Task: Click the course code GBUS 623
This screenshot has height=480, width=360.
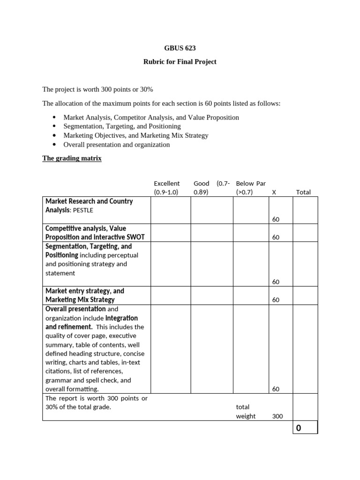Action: point(180,48)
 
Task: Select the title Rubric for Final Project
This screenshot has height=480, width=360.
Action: point(180,62)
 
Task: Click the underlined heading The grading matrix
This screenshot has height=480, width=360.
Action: point(72,158)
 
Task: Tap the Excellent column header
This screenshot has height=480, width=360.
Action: point(166,187)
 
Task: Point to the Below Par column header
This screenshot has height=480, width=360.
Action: point(251,187)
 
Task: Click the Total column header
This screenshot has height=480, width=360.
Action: point(303,192)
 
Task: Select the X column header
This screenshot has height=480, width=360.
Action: point(273,192)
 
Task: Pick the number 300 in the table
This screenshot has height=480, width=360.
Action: point(277,416)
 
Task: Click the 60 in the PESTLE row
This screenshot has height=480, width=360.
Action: point(276,219)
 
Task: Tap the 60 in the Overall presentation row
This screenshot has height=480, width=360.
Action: point(276,389)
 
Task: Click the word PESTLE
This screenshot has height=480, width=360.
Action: point(83,210)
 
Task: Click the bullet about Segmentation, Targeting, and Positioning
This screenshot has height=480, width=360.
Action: point(122,126)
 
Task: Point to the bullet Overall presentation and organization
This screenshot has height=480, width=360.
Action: point(116,144)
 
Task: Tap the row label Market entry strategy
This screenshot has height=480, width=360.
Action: point(85,291)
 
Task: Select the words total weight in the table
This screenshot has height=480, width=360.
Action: point(246,412)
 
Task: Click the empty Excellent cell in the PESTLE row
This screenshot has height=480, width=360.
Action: point(170,210)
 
